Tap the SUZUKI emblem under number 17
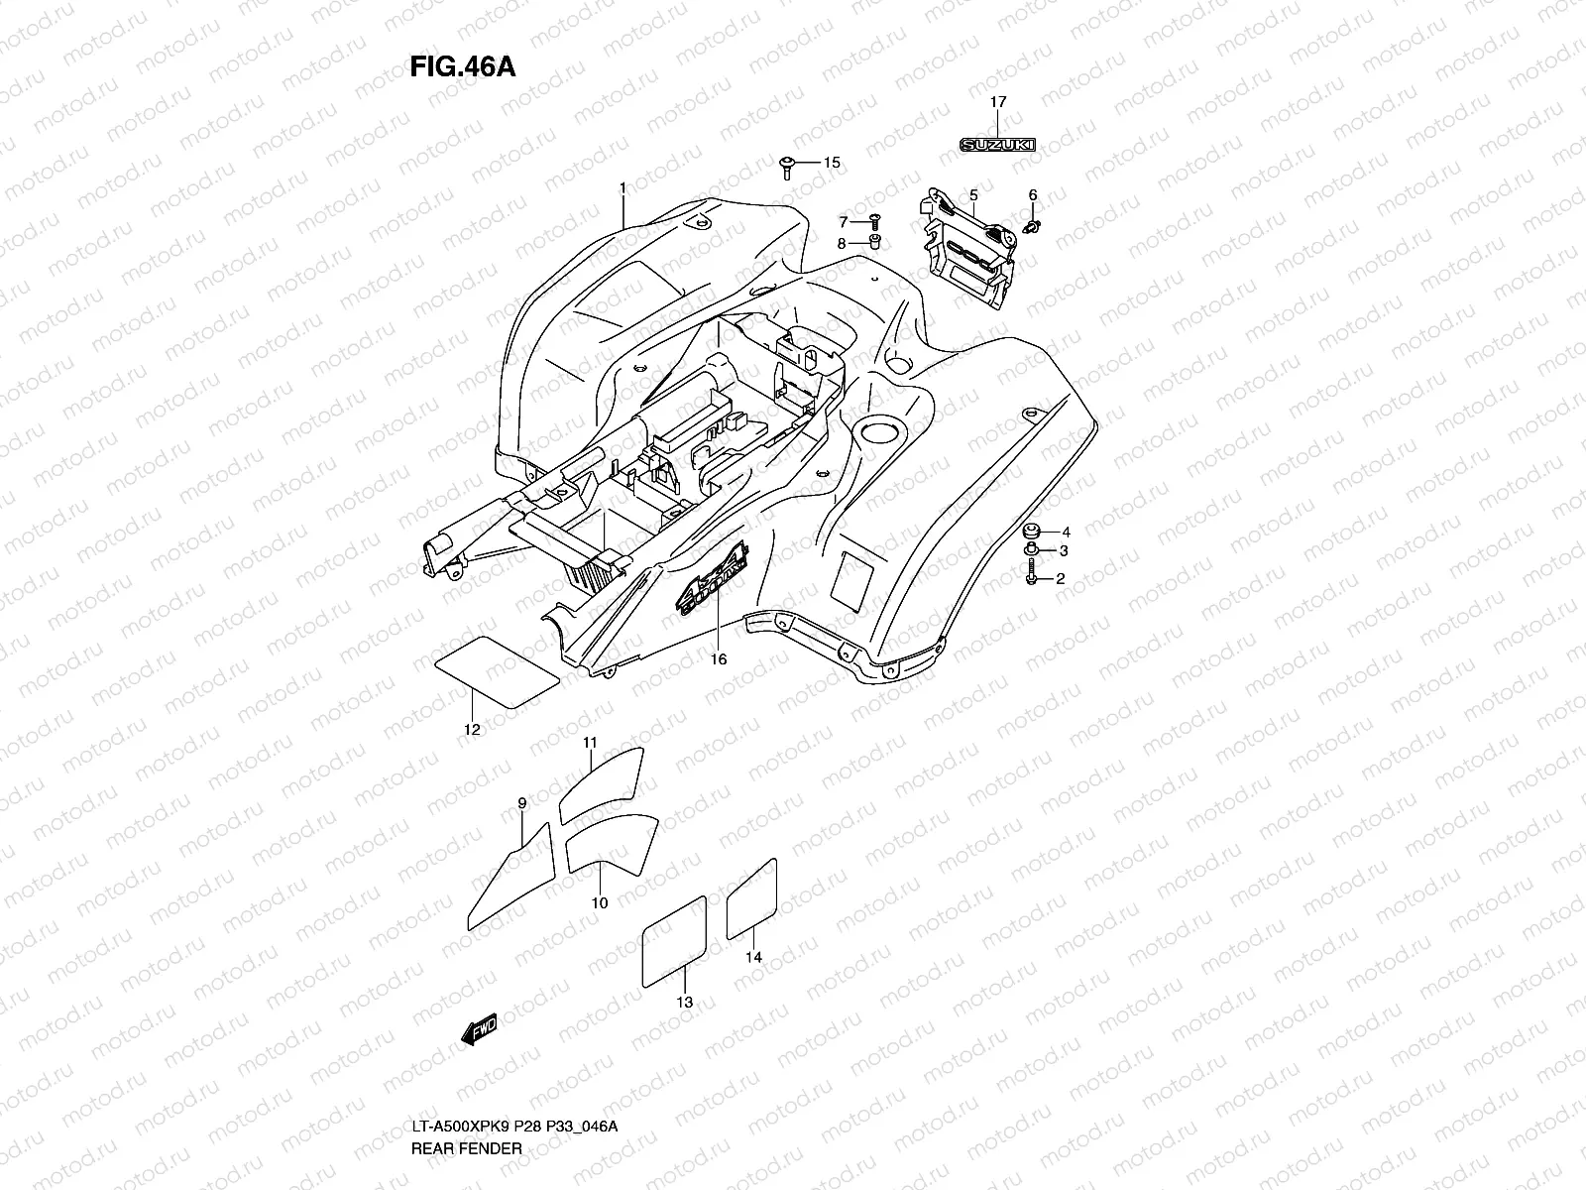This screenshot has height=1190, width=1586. click(x=997, y=145)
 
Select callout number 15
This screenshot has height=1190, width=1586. click(x=831, y=162)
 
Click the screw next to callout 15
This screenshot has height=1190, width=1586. click(x=788, y=166)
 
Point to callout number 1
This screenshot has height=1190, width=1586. click(x=623, y=187)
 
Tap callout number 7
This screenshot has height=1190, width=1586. click(x=844, y=222)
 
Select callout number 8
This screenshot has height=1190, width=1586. click(x=843, y=243)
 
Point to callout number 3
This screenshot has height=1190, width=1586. click(x=1063, y=551)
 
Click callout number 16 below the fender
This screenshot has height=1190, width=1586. click(x=719, y=659)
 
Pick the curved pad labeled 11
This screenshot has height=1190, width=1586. click(x=602, y=783)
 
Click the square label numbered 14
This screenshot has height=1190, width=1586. click(x=750, y=898)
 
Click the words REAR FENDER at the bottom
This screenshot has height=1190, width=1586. click(x=466, y=1148)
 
